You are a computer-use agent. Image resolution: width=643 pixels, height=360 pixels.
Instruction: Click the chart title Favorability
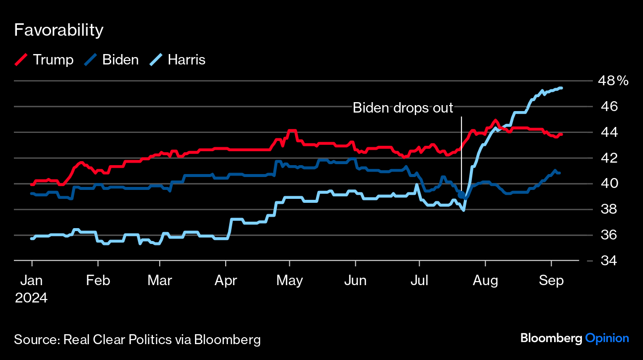click(x=59, y=30)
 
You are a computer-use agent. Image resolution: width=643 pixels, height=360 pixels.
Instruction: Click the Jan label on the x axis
click(x=31, y=281)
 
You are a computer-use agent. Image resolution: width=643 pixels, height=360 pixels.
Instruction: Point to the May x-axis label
click(x=290, y=281)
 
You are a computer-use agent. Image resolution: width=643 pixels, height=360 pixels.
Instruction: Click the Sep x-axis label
click(x=551, y=281)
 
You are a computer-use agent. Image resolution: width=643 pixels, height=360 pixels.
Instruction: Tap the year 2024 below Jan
click(x=31, y=298)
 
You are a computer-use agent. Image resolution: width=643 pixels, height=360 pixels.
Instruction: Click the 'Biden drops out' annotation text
click(x=403, y=108)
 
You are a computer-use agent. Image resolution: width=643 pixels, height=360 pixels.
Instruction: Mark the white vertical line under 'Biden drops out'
click(x=461, y=149)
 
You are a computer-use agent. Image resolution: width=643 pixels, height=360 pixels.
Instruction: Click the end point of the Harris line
click(x=561, y=88)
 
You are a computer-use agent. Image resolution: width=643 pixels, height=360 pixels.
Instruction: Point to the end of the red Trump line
click(x=561, y=134)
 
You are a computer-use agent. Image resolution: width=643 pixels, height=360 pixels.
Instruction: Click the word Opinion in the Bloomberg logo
click(x=607, y=338)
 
